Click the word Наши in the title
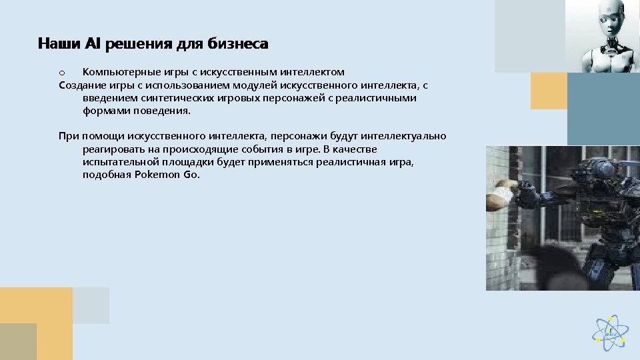point(59,45)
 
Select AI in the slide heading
point(93,45)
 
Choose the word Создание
point(81,85)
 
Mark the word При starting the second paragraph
point(68,136)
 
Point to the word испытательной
point(119,161)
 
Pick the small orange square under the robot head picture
point(548,91)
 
